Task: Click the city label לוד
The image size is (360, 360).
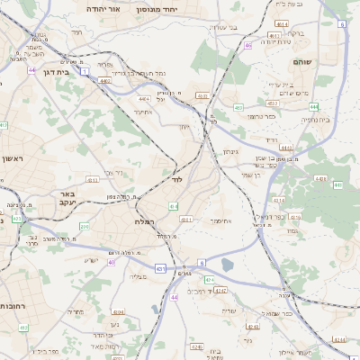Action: [x=176, y=181]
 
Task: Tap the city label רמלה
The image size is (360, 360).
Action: [x=145, y=221]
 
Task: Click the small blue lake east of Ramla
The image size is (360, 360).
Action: [x=226, y=265]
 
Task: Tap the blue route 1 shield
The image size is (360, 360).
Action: [x=84, y=69]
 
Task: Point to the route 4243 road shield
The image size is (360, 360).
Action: [x=221, y=292]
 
